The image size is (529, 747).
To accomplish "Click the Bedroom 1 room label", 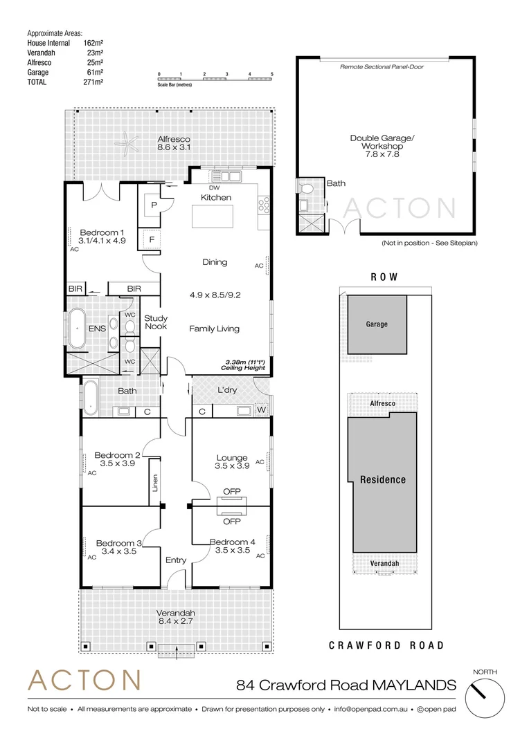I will coord(102,232).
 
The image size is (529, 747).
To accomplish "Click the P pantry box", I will coord(151,205).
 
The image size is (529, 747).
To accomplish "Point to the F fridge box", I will coord(151,240).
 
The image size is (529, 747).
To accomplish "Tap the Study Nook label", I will coord(156,323).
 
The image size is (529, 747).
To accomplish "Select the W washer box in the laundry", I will coord(261,411).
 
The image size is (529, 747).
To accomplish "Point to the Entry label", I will coord(176,560).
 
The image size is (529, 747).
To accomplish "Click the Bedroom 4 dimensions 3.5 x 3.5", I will coord(228,551).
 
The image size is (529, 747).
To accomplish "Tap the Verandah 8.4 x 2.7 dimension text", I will coord(175,622).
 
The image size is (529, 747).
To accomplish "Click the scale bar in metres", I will coord(215,80).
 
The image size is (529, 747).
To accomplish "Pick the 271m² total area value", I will coord(93,82).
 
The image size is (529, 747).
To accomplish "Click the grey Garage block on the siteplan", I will coord(377,324).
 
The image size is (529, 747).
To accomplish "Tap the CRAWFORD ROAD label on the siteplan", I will coord(386,645).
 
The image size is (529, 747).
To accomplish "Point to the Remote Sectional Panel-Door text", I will coord(382,67).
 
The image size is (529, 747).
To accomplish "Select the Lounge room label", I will coord(232,457).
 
